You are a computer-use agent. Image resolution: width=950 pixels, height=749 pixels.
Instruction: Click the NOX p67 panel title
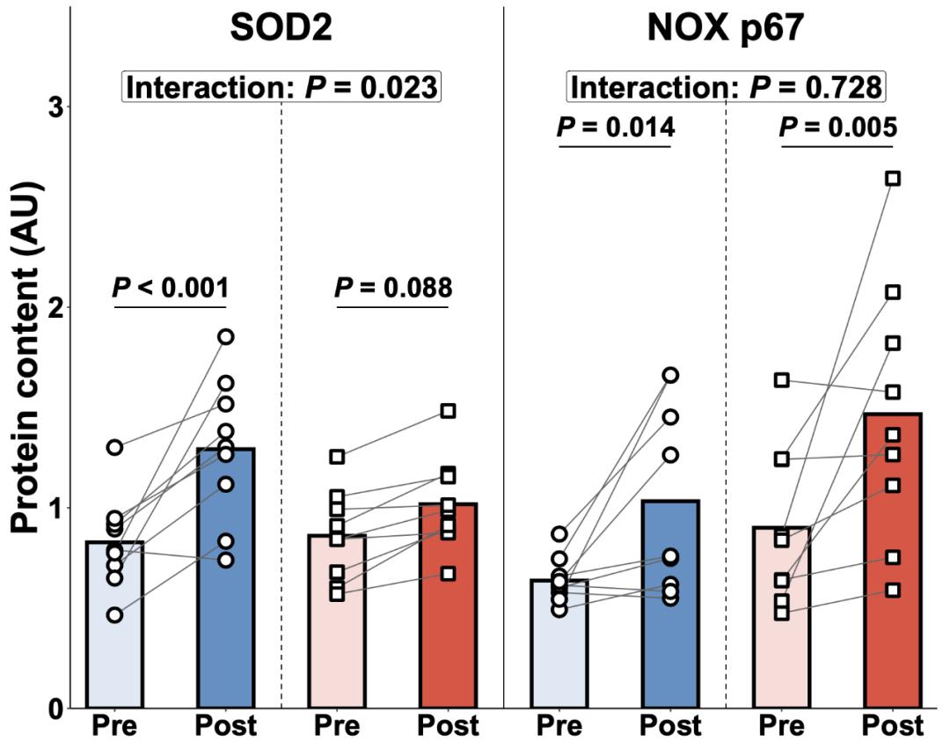point(726,29)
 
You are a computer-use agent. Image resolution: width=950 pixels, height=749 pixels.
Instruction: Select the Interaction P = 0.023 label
point(281,87)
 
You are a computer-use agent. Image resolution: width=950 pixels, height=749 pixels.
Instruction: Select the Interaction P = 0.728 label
point(726,87)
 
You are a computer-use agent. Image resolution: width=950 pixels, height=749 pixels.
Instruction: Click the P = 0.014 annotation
point(615,127)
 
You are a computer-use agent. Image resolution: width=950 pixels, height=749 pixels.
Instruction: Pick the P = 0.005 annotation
point(837,127)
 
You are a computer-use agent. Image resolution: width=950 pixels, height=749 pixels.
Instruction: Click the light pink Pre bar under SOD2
point(337,621)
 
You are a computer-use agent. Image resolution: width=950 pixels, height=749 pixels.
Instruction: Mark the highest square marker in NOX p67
point(892,179)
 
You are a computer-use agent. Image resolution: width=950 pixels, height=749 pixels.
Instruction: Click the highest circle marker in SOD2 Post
point(226,336)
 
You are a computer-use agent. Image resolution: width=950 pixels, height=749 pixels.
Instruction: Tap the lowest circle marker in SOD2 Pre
point(114,614)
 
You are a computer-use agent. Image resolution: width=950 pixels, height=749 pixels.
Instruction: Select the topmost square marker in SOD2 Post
point(448,411)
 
